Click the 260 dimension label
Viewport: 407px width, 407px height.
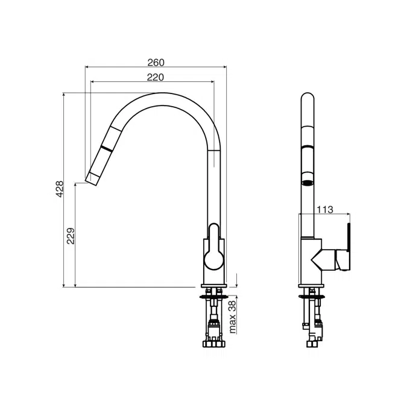pyautogui.click(x=156, y=62)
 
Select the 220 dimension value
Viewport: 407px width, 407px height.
pyautogui.click(x=155, y=77)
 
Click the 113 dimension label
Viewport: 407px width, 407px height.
pyautogui.click(x=325, y=210)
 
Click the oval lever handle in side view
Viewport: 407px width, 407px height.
pyautogui.click(x=213, y=247)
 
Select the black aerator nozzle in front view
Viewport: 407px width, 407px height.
pyautogui.click(x=307, y=179)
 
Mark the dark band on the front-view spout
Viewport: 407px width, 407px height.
pyautogui.click(x=307, y=148)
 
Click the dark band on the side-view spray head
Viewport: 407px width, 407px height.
pyautogui.click(x=107, y=148)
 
